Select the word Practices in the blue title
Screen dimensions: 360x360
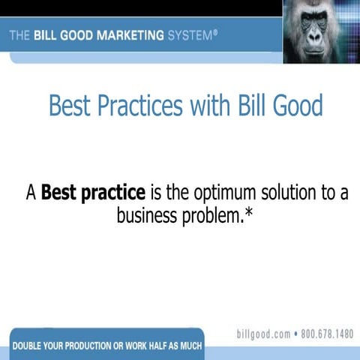point(142,105)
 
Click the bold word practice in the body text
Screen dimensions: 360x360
point(116,193)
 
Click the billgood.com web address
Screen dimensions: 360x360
point(262,334)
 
